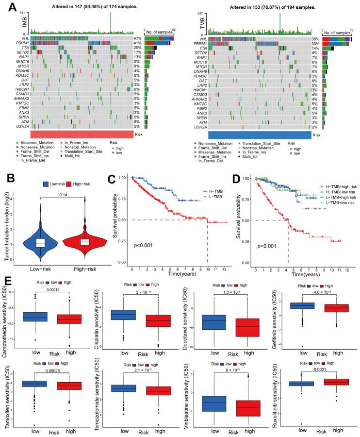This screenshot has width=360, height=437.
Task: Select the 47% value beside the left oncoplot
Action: [x=138, y=38]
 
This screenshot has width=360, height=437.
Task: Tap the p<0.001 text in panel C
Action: [x=143, y=245]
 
